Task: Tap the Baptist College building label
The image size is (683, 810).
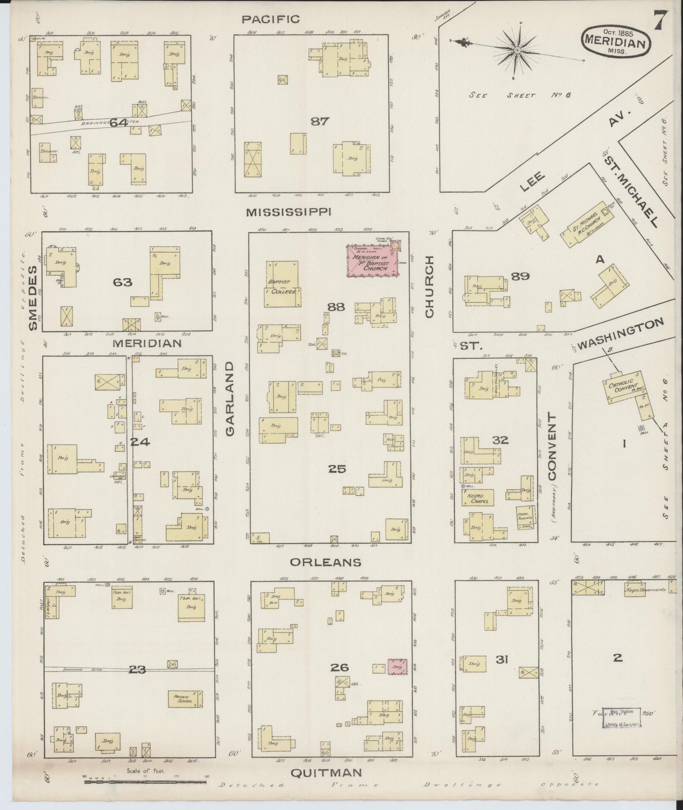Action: click(x=282, y=287)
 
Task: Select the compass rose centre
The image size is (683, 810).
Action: click(x=517, y=51)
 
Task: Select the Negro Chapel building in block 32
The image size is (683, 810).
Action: click(x=478, y=498)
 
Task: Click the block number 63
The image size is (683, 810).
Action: click(x=122, y=282)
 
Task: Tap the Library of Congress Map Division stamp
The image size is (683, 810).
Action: click(x=621, y=718)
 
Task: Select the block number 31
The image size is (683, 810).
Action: click(x=502, y=671)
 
